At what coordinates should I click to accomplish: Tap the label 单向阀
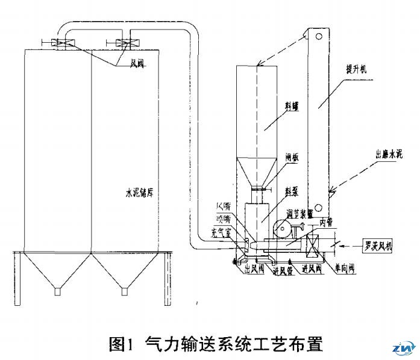click(344, 269)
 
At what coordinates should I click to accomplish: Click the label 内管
click(325, 222)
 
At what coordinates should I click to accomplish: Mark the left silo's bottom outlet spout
click(58, 291)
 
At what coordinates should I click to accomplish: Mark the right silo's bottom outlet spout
click(125, 291)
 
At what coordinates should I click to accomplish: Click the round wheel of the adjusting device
click(280, 229)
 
